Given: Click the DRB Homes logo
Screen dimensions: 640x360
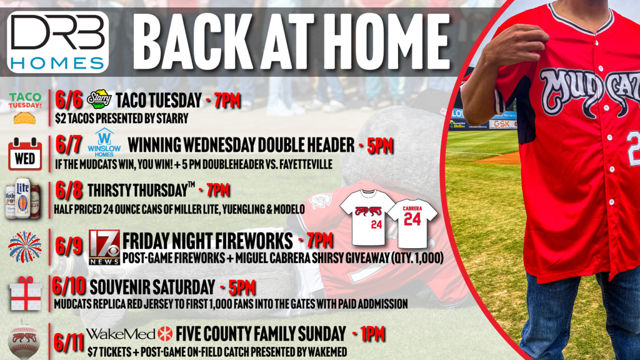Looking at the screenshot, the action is point(58,42).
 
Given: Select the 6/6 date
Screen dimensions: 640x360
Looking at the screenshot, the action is point(69,99).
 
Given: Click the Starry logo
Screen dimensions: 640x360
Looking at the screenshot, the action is point(99,99).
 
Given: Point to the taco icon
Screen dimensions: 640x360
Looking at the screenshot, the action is point(24,118).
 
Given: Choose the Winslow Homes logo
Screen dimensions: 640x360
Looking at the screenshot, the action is point(104,143).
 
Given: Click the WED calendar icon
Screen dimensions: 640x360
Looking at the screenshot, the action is point(25,154).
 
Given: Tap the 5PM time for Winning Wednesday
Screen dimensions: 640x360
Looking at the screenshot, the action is point(380,146).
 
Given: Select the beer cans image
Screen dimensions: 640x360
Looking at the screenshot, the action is point(23,198).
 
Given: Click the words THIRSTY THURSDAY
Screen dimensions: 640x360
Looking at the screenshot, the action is point(137,191).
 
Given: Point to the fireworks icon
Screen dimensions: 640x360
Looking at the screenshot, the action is point(25,247).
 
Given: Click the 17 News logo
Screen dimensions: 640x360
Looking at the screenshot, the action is point(104,247).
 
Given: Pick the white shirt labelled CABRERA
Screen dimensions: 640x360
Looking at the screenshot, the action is point(412,223).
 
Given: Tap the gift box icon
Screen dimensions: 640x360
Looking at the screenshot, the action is point(25,294).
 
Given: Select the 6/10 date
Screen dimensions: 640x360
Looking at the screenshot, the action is point(69,286).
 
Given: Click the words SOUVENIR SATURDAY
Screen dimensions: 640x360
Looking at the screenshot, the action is point(152,287).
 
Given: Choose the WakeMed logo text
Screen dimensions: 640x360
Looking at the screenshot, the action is point(121,334).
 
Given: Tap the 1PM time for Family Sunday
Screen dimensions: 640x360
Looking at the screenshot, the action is point(372,334).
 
